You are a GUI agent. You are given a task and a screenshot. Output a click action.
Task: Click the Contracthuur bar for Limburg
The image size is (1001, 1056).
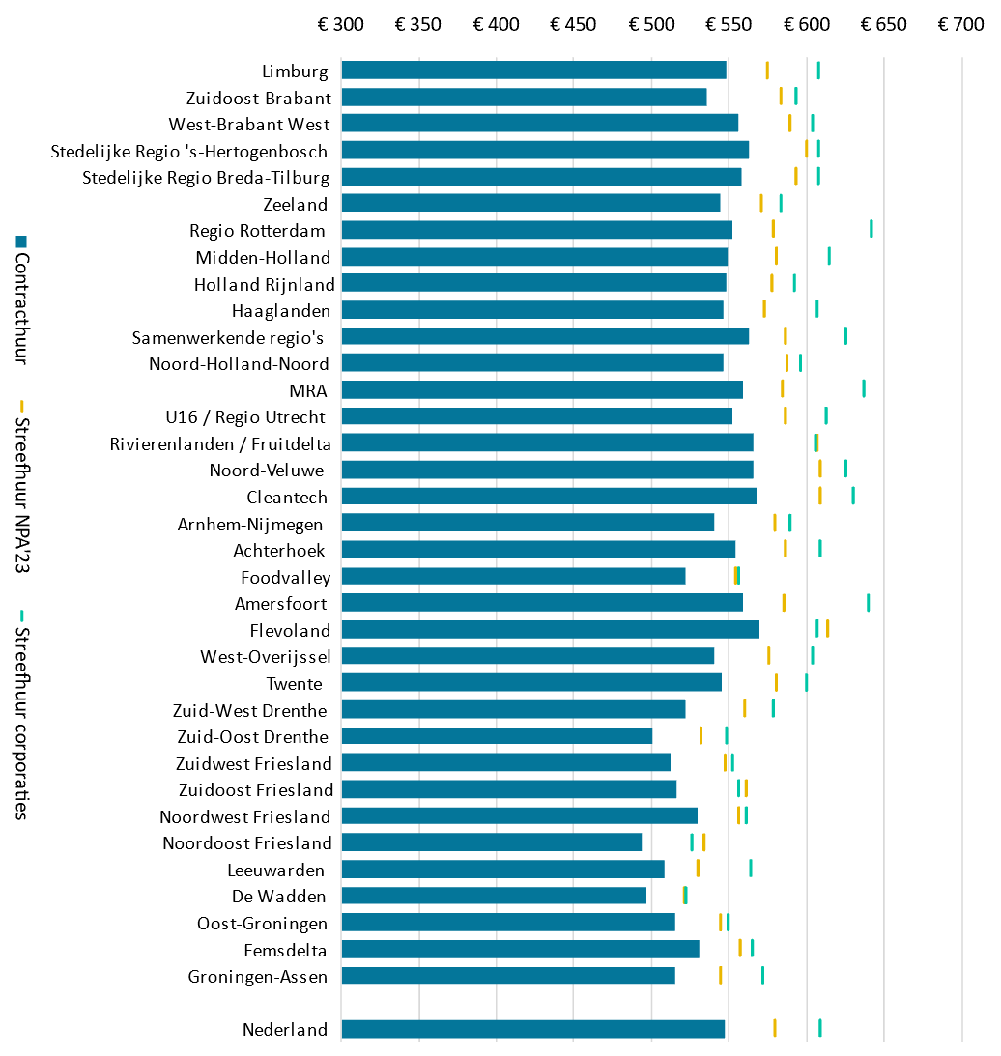click(x=533, y=70)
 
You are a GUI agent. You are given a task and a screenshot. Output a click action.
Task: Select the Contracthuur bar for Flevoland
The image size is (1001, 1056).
click(x=550, y=629)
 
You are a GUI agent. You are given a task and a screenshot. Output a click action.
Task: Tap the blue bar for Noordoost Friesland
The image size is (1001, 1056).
click(x=491, y=842)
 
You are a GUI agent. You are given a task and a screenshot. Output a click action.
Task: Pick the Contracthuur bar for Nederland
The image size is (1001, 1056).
click(x=532, y=1029)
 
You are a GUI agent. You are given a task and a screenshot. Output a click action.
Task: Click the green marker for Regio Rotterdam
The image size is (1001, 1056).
click(x=871, y=228)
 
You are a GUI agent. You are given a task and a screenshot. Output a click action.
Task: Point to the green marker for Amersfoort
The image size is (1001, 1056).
click(x=868, y=602)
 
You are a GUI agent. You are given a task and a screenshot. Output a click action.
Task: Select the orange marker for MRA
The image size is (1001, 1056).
click(x=782, y=387)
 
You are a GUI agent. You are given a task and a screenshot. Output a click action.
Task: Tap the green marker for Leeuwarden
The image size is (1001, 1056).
click(x=750, y=868)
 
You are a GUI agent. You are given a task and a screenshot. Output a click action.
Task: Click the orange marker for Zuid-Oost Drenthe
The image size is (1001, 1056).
click(x=701, y=734)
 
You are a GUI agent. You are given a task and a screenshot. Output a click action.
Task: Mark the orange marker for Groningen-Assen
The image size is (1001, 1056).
click(x=720, y=974)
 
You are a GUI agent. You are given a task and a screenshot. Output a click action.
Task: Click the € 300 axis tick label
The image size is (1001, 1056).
click(x=341, y=24)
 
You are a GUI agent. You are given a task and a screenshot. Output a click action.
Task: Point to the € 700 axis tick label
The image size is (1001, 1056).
click(x=960, y=24)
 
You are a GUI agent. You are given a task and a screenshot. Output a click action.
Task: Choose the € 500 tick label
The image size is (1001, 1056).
click(x=651, y=24)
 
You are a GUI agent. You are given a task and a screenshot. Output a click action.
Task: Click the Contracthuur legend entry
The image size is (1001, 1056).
click(x=21, y=300)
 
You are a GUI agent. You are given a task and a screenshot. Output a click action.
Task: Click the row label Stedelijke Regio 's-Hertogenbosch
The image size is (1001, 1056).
click(x=188, y=151)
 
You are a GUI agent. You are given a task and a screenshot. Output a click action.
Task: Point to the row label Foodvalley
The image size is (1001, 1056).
click(x=285, y=578)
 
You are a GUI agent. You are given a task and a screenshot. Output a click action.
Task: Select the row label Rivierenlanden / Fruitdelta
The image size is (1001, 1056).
click(x=220, y=443)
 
